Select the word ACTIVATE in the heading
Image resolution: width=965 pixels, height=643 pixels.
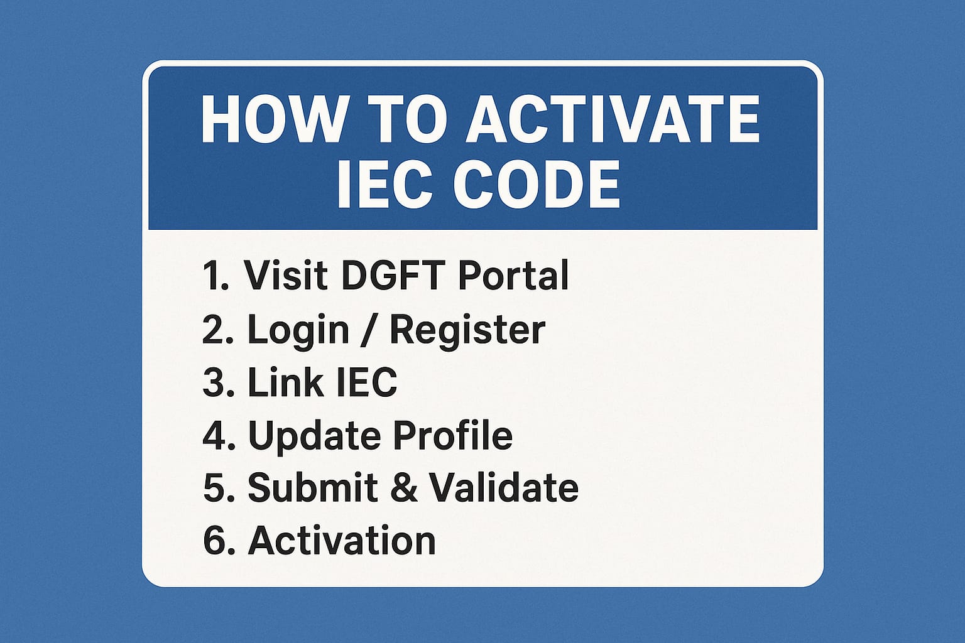click(x=613, y=121)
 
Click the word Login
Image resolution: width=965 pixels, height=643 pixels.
click(x=298, y=330)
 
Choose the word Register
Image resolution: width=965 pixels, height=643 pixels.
click(x=467, y=330)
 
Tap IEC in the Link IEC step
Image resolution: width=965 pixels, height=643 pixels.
click(x=366, y=382)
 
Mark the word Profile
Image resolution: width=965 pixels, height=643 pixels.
click(x=452, y=435)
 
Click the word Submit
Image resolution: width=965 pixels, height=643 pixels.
click(x=312, y=487)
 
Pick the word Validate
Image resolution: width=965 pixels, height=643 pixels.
click(x=503, y=487)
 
